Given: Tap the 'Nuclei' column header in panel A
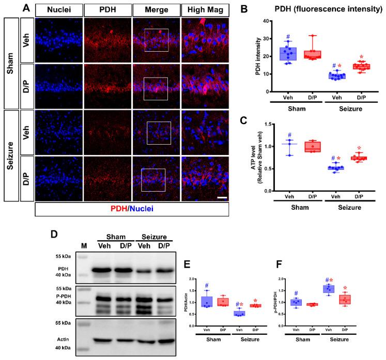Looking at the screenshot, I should click(57, 9).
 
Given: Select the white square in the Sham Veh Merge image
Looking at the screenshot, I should click(157, 40).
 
